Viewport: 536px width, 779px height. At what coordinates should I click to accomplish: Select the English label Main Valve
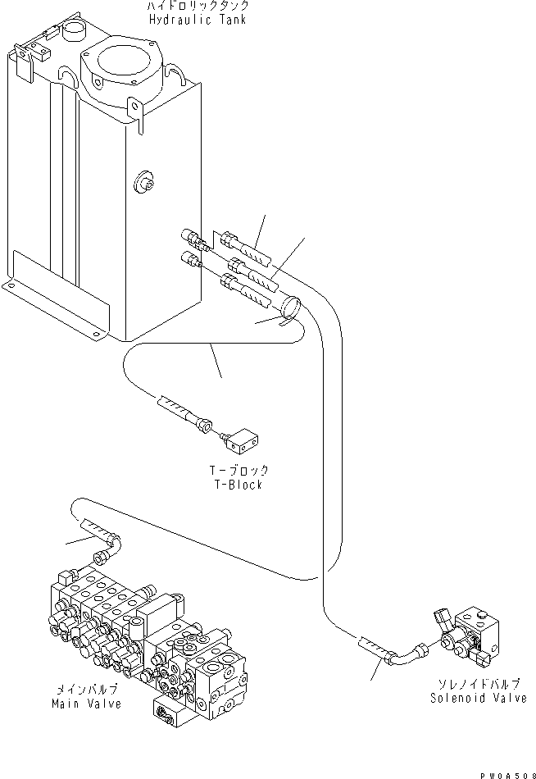86,704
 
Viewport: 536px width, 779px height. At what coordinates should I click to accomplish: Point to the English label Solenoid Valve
478,698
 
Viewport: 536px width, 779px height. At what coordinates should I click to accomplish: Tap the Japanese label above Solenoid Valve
478,685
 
